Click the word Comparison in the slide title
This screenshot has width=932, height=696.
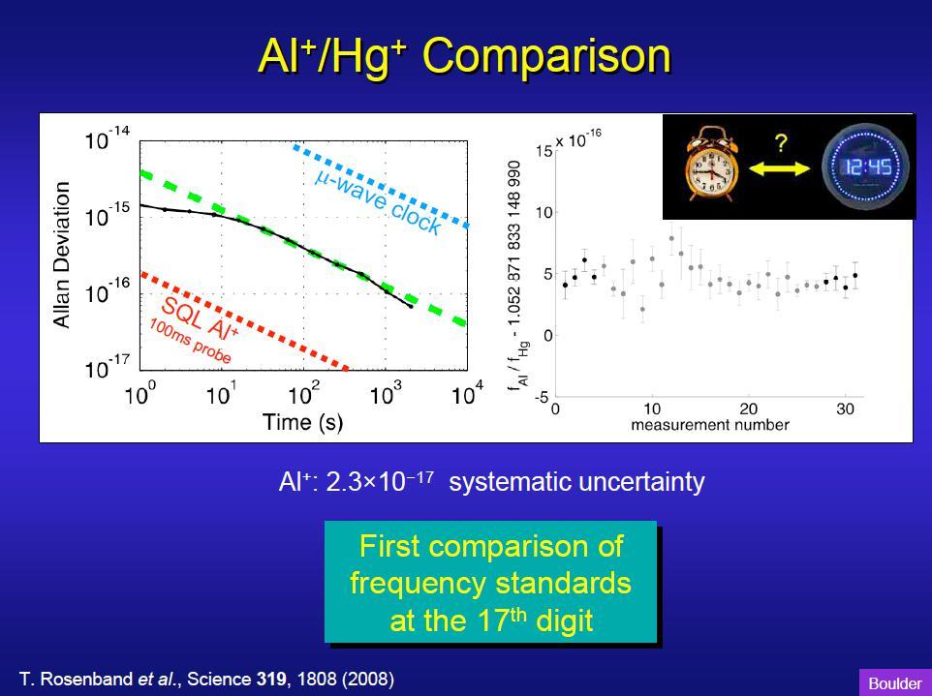tap(546, 55)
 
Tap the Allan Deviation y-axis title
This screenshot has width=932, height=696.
tap(61, 255)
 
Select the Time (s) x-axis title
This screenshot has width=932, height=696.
tap(302, 422)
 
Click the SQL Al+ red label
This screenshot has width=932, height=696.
tap(201, 317)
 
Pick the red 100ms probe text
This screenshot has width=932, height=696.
tap(190, 342)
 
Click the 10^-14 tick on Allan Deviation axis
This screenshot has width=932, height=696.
tap(107, 140)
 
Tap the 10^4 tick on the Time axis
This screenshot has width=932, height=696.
tap(468, 394)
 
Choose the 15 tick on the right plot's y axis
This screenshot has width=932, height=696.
tap(544, 151)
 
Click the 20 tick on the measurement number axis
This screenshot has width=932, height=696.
tap(749, 409)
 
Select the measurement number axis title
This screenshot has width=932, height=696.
tap(710, 425)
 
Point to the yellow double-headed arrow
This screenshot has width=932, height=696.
tap(779, 169)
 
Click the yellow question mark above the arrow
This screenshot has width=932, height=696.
tap(782, 143)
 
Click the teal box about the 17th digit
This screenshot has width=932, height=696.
tap(490, 582)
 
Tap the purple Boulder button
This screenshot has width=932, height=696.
tap(895, 683)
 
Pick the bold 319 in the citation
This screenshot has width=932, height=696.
tap(271, 679)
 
